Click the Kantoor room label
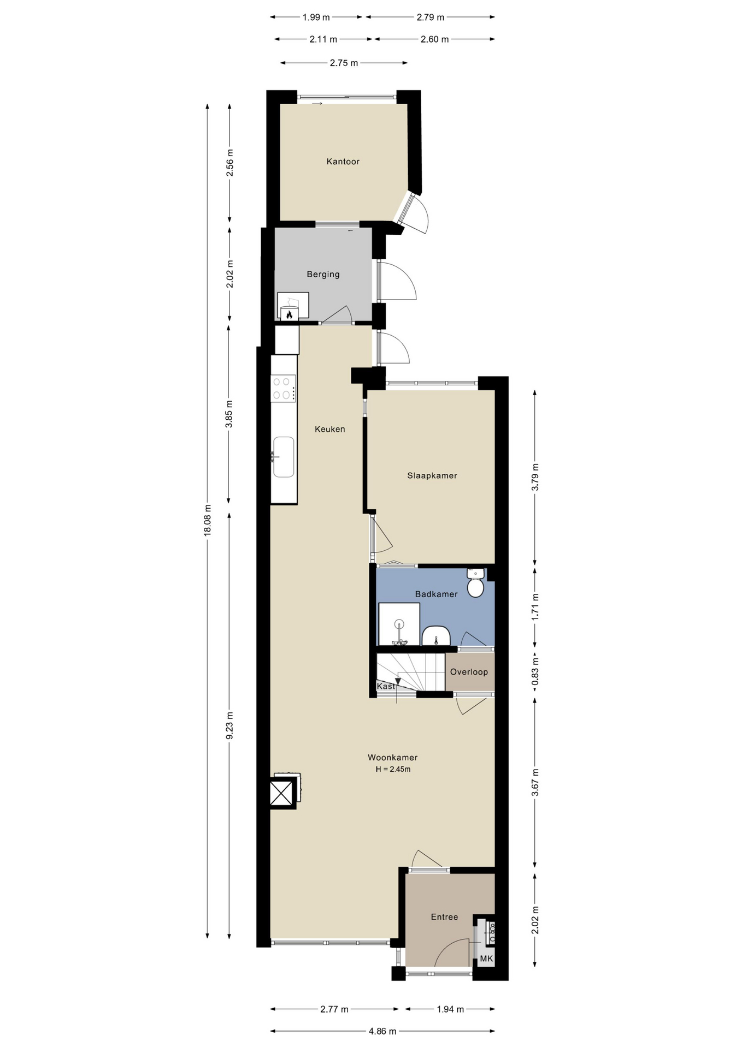tap(343, 162)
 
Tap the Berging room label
tap(323, 274)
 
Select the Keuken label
tap(330, 429)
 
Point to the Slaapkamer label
tap(432, 475)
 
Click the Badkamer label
tap(437, 594)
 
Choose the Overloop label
tap(469, 672)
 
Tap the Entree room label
tap(444, 917)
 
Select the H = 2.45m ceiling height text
tap(393, 769)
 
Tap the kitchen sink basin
tap(284, 457)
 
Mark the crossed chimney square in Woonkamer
tap(282, 793)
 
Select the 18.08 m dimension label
tap(207, 521)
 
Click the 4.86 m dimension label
tap(382, 1031)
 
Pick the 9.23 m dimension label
tap(229, 726)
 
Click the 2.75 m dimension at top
tap(344, 63)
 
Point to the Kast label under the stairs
tap(386, 686)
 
